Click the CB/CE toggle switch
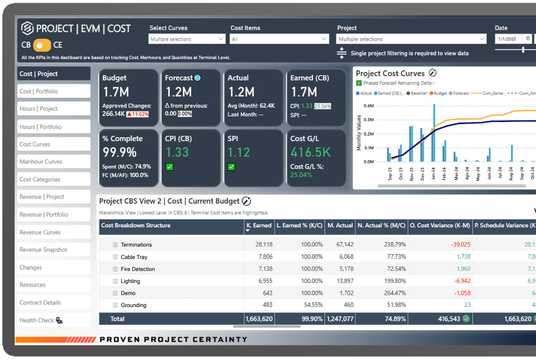pyautogui.click(x=42, y=45)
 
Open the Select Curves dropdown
pyautogui.click(x=186, y=39)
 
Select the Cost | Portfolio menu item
pyautogui.click(x=54, y=91)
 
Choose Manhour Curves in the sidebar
pyautogui.click(x=54, y=162)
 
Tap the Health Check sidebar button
pyautogui.click(x=54, y=320)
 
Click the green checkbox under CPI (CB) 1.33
pyautogui.click(x=169, y=167)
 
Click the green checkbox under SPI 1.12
pyautogui.click(x=232, y=167)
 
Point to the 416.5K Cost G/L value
pyautogui.click(x=311, y=153)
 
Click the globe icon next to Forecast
pyautogui.click(x=198, y=78)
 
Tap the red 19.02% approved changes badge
pyautogui.click(x=138, y=114)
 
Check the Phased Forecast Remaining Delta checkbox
pyautogui.click(x=359, y=83)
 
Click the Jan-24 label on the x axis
pyautogui.click(x=433, y=173)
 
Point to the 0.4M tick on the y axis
pyautogui.click(x=368, y=106)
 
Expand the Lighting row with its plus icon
pyautogui.click(x=115, y=281)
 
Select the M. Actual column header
pyautogui.click(x=340, y=226)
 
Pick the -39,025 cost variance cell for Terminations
pyautogui.click(x=461, y=245)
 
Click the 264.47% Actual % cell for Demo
pyautogui.click(x=395, y=293)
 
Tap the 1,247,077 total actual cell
pyautogui.click(x=340, y=319)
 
